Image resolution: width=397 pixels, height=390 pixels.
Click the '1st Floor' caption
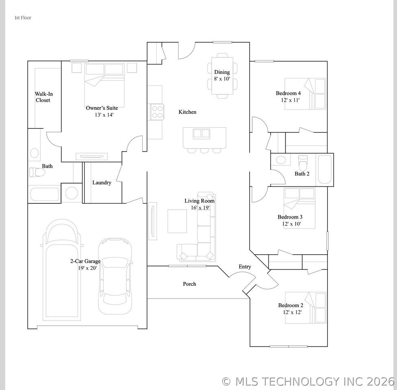click(23, 18)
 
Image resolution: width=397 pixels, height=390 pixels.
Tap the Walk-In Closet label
click(44, 97)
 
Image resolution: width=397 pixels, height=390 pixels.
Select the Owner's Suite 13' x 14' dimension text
click(104, 115)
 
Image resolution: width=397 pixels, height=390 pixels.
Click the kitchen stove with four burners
click(157, 112)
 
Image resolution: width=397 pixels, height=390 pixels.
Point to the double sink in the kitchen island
click(201, 134)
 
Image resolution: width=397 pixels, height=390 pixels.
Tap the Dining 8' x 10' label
click(222, 76)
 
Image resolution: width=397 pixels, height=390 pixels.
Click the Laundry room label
click(102, 182)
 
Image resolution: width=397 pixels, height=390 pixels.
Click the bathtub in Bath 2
click(325, 169)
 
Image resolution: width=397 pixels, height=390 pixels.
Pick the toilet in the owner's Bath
click(37, 173)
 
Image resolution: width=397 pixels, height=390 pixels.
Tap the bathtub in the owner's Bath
click(45, 194)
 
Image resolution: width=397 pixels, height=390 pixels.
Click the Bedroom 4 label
click(288, 93)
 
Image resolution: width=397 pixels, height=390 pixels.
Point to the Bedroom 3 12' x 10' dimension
click(291, 224)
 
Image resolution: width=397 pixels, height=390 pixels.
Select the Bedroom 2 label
click(291, 305)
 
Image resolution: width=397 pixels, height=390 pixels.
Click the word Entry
click(245, 267)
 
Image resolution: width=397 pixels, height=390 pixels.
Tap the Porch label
click(190, 284)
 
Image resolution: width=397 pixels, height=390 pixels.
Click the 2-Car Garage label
click(85, 261)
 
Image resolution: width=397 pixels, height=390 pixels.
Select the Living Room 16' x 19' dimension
click(200, 208)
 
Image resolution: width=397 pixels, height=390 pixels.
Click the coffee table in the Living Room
click(177, 221)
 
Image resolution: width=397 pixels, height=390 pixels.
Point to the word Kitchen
click(188, 112)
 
